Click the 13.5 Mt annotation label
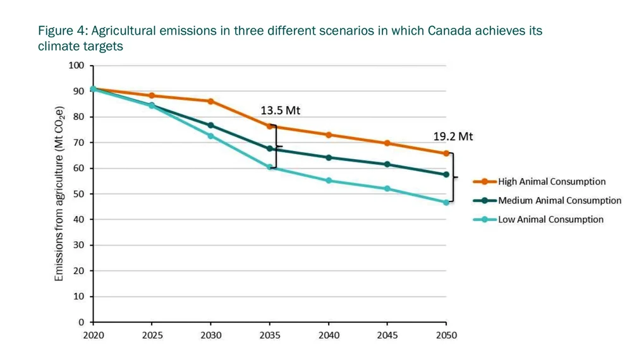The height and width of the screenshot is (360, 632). tap(280, 111)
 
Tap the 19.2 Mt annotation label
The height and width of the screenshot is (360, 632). tap(453, 136)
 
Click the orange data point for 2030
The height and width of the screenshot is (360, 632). tap(211, 101)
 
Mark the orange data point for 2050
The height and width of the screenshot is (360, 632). tap(446, 153)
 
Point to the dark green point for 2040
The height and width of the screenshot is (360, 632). tap(329, 157)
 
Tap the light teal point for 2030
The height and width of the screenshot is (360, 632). tap(211, 136)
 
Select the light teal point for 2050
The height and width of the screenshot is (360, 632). tap(446, 203)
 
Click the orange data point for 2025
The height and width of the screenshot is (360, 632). tap(152, 95)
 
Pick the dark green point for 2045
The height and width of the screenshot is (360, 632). tap(387, 164)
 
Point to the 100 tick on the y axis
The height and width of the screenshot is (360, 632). tap(76, 66)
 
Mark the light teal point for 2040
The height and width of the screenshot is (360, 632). tap(329, 181)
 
